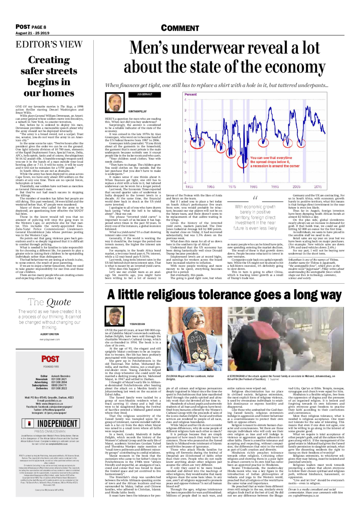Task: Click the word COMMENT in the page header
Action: [180, 28]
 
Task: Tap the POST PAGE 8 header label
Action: [31, 27]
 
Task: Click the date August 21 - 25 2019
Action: [32, 33]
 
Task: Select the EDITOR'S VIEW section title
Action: [49, 44]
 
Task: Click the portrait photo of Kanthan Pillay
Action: [115, 102]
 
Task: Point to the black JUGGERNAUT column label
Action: [144, 95]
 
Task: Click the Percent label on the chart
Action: [191, 94]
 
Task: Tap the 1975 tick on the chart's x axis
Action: [232, 187]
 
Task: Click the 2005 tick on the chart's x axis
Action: [296, 187]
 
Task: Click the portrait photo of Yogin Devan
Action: [115, 316]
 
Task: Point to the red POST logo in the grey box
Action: [50, 359]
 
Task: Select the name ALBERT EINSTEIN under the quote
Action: [50, 334]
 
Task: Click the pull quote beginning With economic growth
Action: [255, 217]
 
